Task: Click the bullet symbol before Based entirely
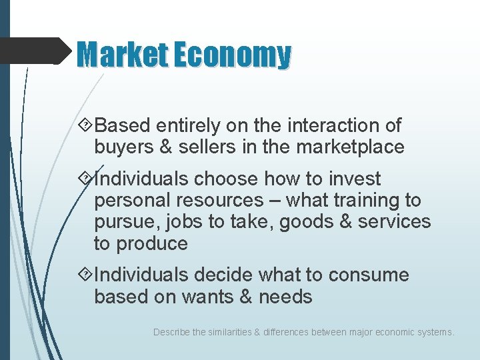click(85, 125)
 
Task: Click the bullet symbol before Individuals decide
click(85, 275)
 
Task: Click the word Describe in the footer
click(171, 331)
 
